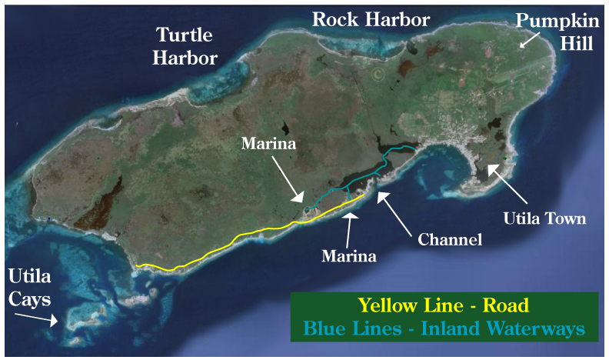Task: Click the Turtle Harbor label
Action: coord(187,46)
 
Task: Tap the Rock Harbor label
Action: coord(370,19)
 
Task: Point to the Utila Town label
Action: coord(544,218)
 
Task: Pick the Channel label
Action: coord(450,239)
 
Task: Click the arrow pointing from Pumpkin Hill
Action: coord(528,40)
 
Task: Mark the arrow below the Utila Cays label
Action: coord(45,318)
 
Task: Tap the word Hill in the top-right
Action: coord(576,45)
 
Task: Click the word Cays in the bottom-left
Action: coord(32,298)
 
